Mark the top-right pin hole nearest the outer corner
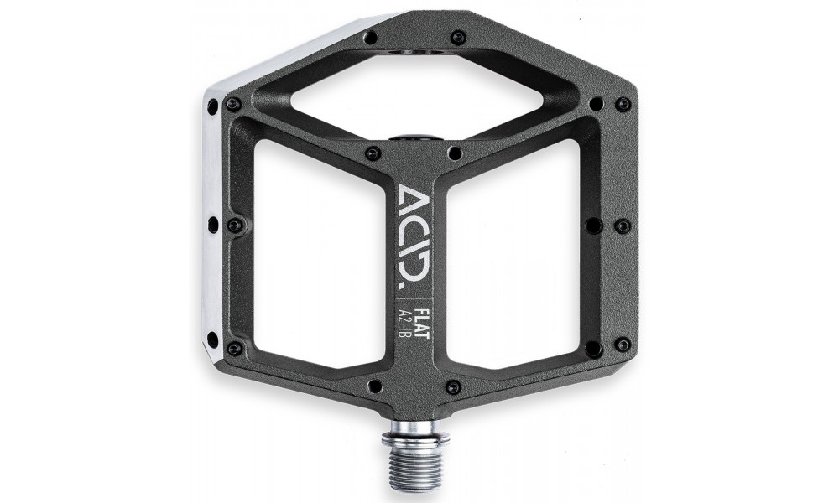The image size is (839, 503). point(623,104)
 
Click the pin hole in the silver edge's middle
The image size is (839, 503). point(212,224)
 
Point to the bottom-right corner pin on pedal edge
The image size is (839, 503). point(623,345)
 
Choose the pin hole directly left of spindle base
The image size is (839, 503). point(373,386)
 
